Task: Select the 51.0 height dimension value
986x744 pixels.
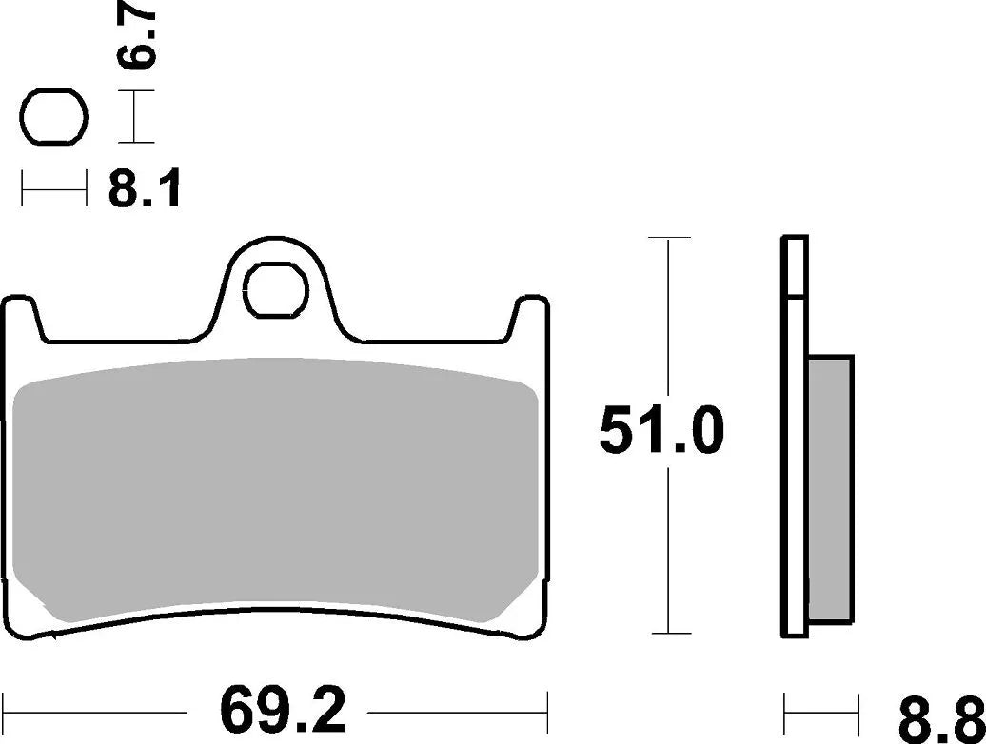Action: [662, 433]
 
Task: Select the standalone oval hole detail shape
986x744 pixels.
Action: [53, 118]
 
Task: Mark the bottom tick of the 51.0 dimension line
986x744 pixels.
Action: [672, 633]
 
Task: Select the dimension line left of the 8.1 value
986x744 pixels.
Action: [53, 190]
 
